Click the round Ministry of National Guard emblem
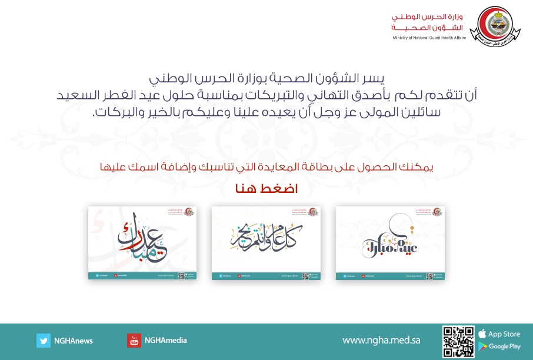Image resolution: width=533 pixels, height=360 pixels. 495,26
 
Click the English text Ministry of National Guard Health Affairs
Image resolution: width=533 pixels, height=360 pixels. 429,38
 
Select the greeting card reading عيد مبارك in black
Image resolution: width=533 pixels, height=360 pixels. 390,242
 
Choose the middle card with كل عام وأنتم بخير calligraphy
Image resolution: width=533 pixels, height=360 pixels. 266,242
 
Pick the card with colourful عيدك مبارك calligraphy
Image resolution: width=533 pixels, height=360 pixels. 142,242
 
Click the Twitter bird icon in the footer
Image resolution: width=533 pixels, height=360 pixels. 43,341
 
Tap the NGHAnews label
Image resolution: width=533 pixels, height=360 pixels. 74,341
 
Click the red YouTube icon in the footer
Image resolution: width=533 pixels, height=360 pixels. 134,341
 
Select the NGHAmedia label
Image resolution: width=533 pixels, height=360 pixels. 165,341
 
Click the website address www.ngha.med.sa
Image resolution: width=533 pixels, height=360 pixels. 381,341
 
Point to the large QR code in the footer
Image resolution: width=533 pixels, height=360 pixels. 458,342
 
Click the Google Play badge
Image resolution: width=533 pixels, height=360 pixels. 499,346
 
